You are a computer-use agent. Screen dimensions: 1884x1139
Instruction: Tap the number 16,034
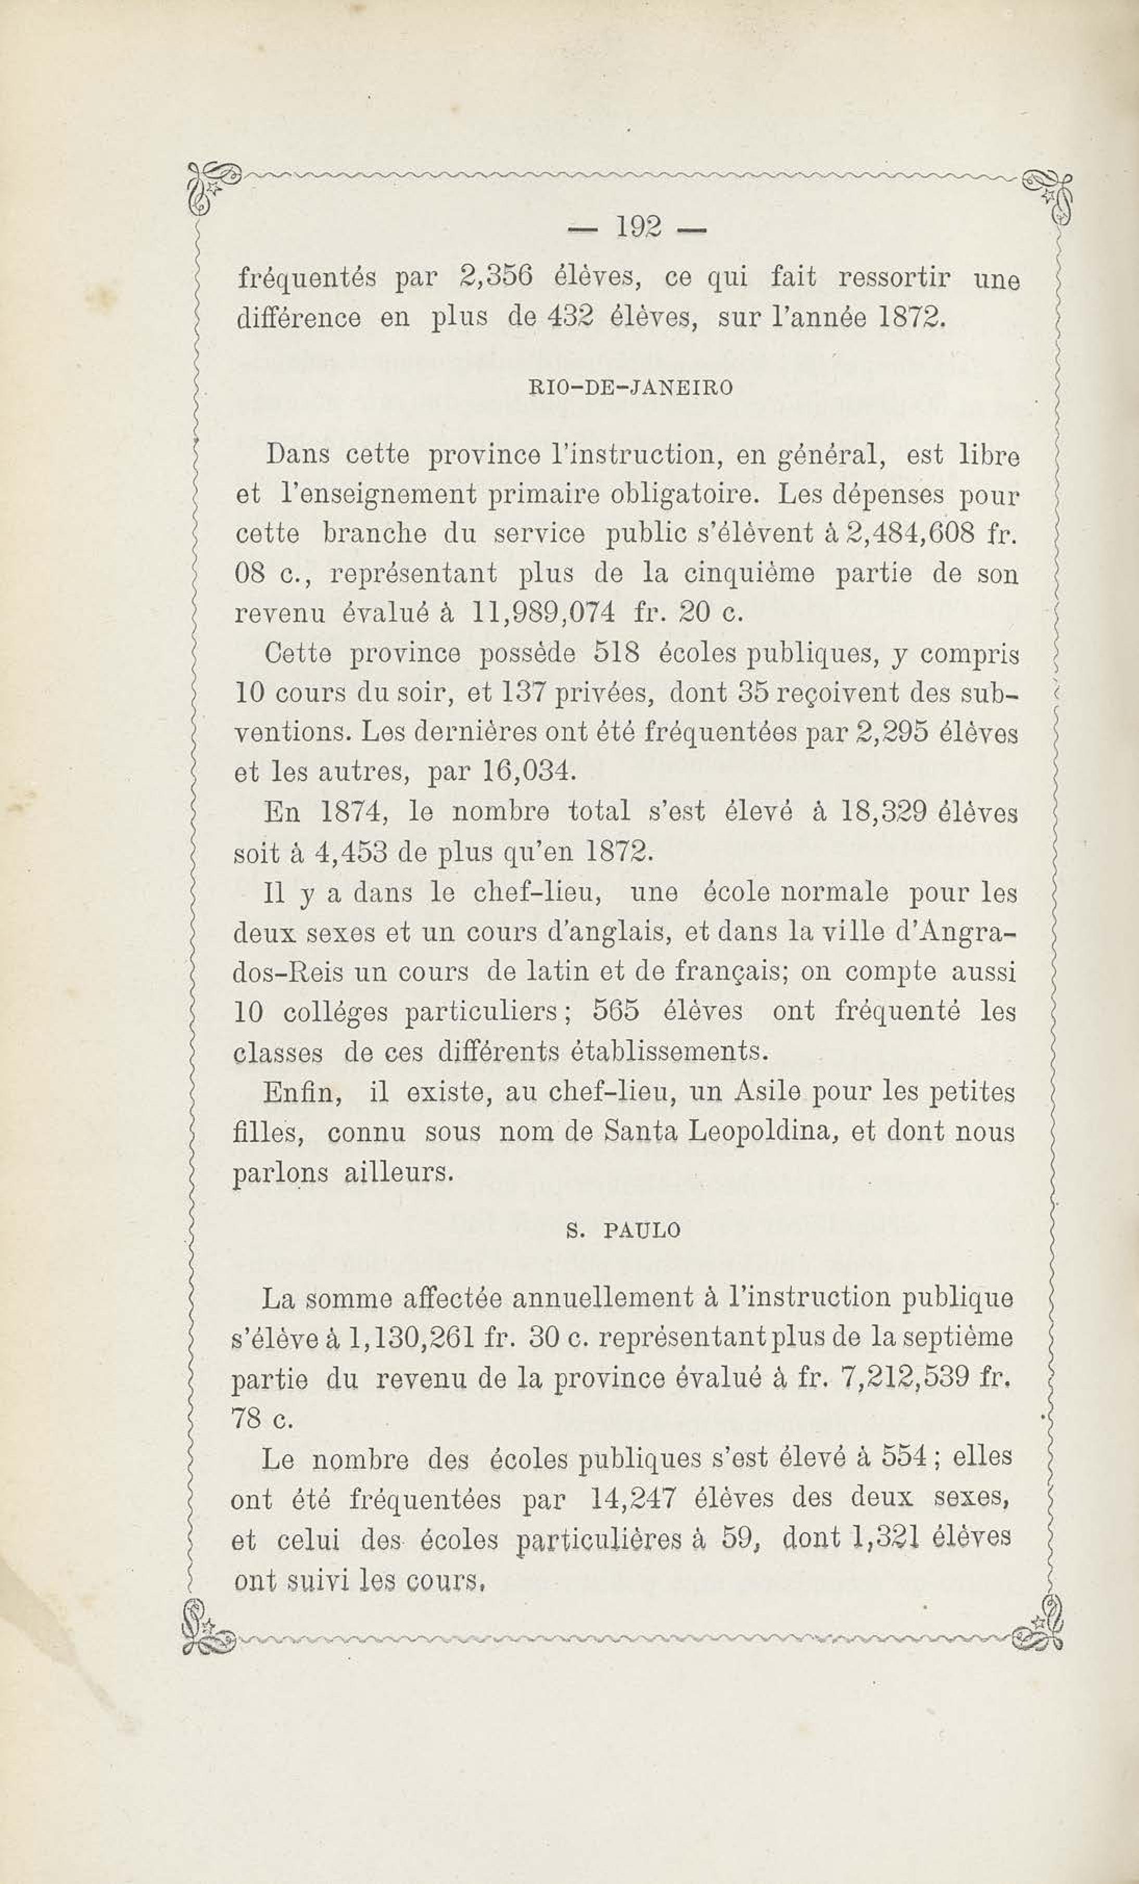[x=528, y=774]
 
